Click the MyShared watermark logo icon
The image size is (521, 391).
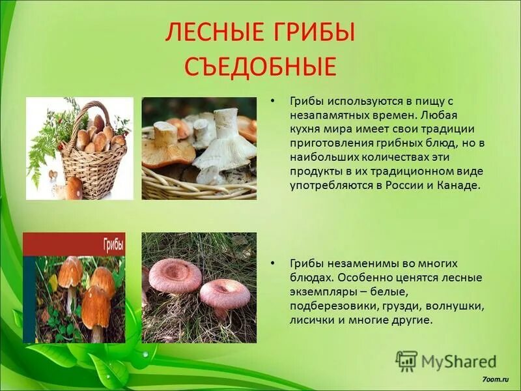click(x=406, y=360)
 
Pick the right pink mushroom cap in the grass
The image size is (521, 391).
click(x=225, y=293)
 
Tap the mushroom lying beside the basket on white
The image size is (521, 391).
click(x=74, y=188)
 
